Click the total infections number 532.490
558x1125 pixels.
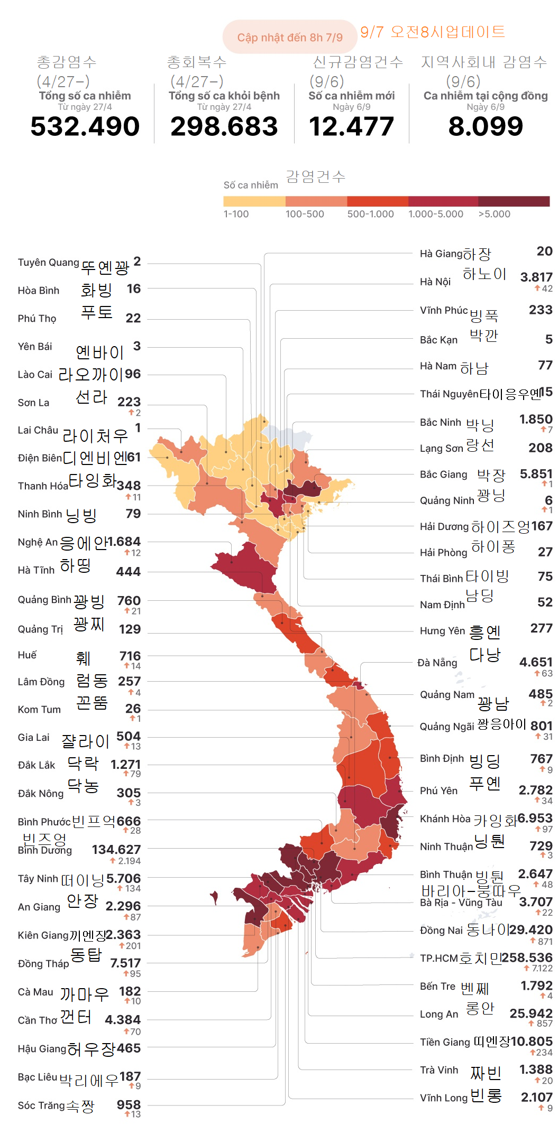pos(85,127)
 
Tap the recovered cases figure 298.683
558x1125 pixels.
pos(224,127)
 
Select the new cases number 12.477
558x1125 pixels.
pos(352,127)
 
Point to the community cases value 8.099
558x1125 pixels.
pos(486,127)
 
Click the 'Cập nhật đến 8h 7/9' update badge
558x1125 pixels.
pos(290,38)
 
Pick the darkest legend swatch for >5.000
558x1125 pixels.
pos(514,201)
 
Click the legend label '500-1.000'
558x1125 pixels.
pos(370,214)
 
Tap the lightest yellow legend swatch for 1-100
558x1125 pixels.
pos(254,201)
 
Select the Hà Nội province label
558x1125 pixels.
pos(435,282)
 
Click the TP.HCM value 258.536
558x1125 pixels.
pos(527,957)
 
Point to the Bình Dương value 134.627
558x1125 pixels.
pos(116,849)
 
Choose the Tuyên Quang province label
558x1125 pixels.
pos(48,263)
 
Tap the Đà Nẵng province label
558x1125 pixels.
pos(437,663)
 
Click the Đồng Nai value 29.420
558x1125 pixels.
pos(530,929)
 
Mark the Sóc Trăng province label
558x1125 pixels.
pos(41,1105)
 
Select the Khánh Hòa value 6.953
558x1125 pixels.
pos(535,818)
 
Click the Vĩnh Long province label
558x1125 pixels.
pos(444,1098)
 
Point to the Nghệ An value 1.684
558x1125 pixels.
pos(124,542)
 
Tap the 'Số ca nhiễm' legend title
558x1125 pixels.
pos(251,185)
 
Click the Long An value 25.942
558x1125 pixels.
pos(531,1013)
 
